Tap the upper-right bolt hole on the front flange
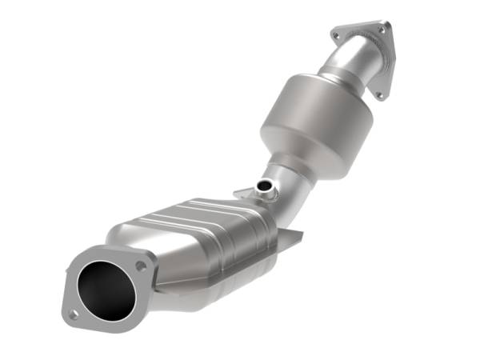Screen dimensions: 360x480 click(x=142, y=264)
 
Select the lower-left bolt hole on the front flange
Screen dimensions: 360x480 click(x=73, y=314)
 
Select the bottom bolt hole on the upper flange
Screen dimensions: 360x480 click(x=378, y=94)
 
